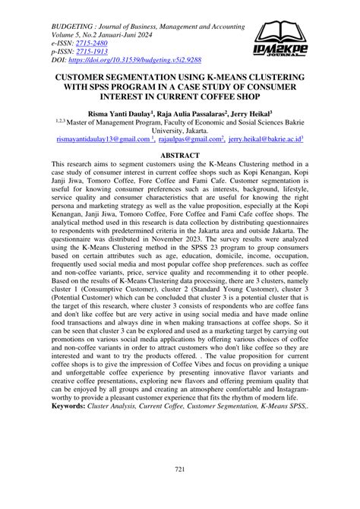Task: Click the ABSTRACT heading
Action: [x=179, y=153]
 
